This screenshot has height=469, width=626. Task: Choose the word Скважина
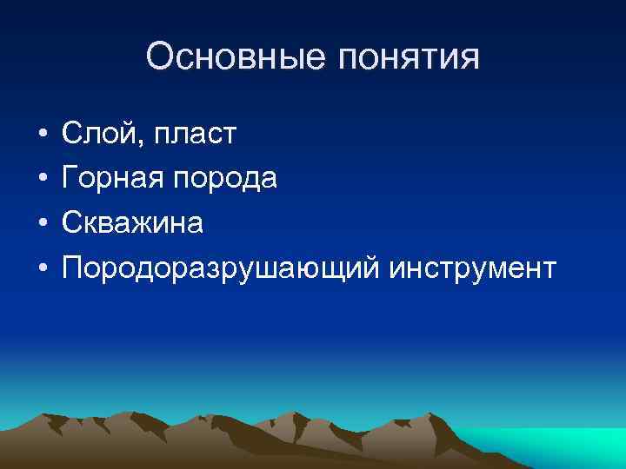(132, 224)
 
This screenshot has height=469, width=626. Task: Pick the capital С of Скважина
(71, 224)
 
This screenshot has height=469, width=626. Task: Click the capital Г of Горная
(70, 179)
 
